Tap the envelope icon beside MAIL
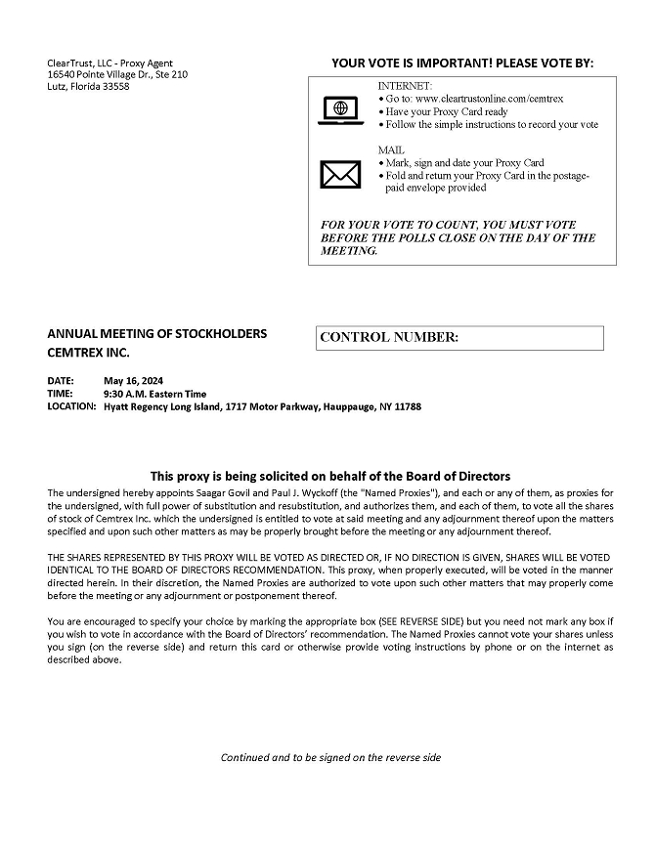[x=340, y=174]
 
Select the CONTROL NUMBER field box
[x=459, y=338]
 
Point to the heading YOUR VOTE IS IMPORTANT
[x=462, y=64]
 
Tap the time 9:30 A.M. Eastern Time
[x=154, y=394]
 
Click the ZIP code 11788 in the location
[x=407, y=406]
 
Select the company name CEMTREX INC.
[x=88, y=352]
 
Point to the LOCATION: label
[x=71, y=406]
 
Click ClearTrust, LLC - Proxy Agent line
[x=109, y=64]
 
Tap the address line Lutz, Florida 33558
[x=88, y=87]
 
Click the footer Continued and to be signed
[x=330, y=757]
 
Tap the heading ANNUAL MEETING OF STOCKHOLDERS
[x=156, y=334]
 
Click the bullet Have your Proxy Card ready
[x=447, y=111]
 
